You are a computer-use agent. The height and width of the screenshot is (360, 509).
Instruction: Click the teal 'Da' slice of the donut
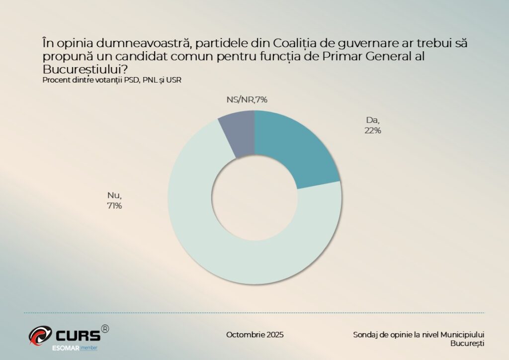[x=293, y=149]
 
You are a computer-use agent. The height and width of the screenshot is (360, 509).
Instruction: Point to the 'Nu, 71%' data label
[x=114, y=200]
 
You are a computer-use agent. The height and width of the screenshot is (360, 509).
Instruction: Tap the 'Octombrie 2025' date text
[x=254, y=335]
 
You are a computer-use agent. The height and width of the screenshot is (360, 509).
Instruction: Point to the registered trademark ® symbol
[x=105, y=329]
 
